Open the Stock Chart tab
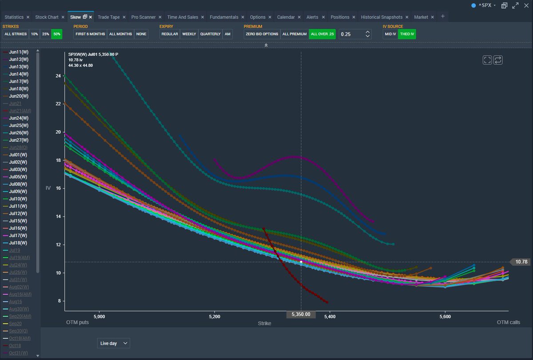click(x=47, y=17)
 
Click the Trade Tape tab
click(x=109, y=17)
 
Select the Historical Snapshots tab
click(x=382, y=17)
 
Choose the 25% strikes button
click(x=45, y=34)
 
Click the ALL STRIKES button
click(x=16, y=34)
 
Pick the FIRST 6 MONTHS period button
click(x=90, y=34)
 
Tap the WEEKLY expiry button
click(x=189, y=34)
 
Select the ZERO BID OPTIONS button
click(x=262, y=34)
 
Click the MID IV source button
click(x=390, y=34)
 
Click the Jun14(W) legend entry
click(x=19, y=74)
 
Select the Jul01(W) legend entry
click(x=18, y=155)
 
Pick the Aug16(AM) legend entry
click(x=20, y=294)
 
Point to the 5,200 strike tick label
click(x=215, y=316)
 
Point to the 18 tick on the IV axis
click(x=58, y=160)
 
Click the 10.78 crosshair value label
click(x=521, y=262)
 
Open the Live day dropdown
click(x=114, y=343)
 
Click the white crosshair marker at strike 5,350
click(x=301, y=262)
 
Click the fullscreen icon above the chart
click(x=487, y=60)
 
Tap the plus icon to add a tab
click(x=442, y=16)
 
